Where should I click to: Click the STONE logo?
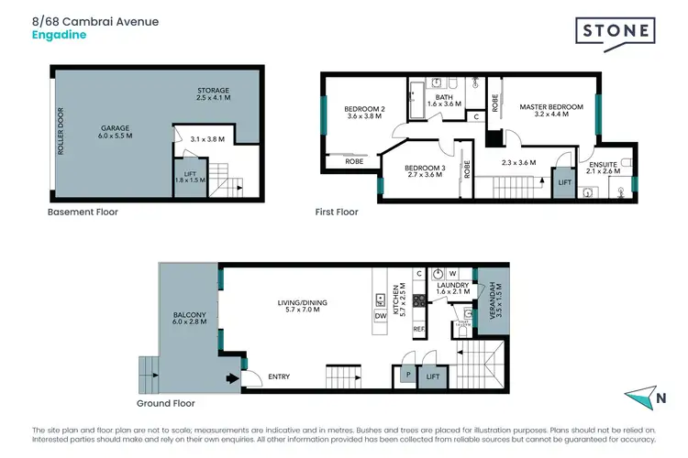[616, 31]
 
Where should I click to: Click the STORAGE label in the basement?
[213, 94]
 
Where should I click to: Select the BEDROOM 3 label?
[423, 169]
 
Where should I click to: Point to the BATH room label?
[444, 100]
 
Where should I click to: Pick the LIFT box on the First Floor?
[563, 183]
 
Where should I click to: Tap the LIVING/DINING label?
[303, 307]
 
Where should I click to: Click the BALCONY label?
[189, 321]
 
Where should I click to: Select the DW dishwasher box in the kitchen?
[380, 316]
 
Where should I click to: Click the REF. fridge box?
[418, 328]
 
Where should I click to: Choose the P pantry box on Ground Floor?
[405, 375]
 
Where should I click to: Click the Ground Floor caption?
[166, 402]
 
